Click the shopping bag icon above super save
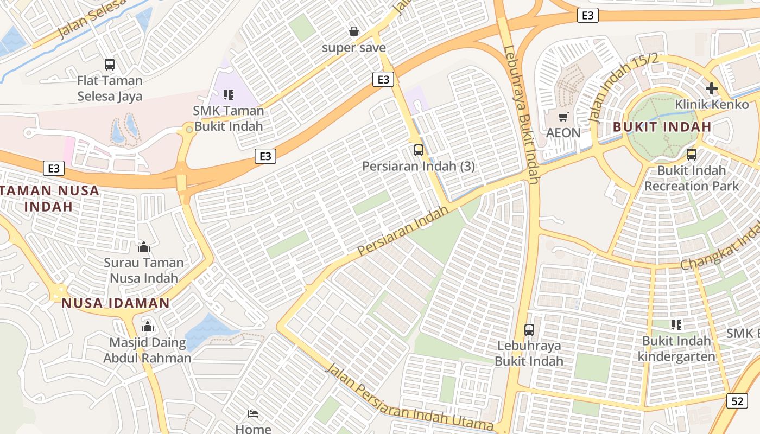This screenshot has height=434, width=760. [354, 32]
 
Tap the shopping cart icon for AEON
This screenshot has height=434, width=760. [563, 117]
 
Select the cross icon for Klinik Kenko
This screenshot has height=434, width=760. [711, 88]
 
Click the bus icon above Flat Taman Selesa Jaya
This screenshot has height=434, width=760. [110, 65]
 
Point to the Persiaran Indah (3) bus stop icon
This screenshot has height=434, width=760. [418, 150]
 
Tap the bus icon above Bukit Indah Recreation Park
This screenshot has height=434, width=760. [691, 155]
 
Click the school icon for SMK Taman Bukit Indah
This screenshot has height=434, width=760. [229, 95]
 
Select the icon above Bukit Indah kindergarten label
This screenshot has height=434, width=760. [676, 325]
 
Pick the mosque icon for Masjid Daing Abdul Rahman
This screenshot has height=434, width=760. [147, 327]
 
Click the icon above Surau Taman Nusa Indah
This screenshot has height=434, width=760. [144, 247]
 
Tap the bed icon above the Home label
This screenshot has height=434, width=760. [253, 414]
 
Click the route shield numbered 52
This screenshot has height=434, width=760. [737, 401]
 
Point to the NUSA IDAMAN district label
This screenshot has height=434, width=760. [116, 303]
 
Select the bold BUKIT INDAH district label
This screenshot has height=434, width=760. [662, 127]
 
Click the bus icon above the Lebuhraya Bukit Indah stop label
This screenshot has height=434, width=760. [529, 329]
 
